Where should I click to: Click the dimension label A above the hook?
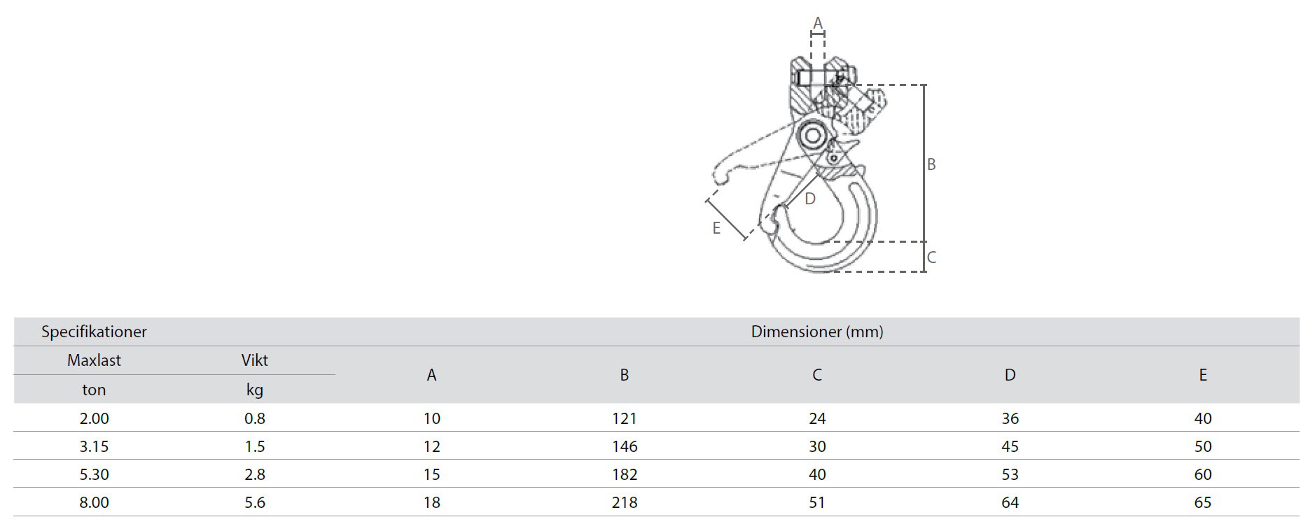point(817,23)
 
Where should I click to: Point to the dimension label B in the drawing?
point(931,164)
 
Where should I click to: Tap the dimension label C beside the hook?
point(931,257)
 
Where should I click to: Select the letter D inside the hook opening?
point(810,199)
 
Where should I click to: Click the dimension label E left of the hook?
point(716,228)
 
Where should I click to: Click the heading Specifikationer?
point(94,332)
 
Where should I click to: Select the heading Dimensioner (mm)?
point(817,332)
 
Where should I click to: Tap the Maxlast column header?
point(94,360)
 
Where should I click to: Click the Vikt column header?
point(255,360)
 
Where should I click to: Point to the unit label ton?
point(94,390)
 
